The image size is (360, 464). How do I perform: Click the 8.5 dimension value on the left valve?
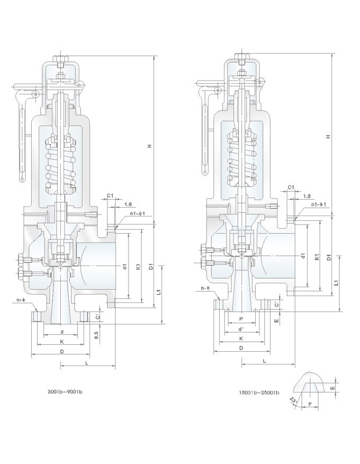pos(95,335)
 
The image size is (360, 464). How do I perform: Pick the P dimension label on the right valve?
pos(241,319)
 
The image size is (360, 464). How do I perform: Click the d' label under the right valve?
pos(241,329)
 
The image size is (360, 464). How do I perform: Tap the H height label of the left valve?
pos(150,146)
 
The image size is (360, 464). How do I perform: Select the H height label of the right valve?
pos(328,137)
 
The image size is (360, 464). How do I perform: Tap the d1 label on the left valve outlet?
pos(124,266)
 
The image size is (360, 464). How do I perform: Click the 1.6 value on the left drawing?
pos(128,204)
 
